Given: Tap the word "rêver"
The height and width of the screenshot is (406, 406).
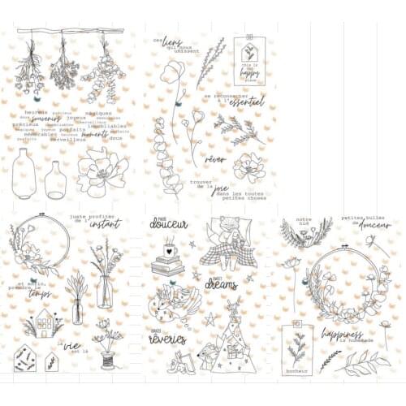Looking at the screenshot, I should (215, 159).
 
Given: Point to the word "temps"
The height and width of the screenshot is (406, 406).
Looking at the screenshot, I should (41, 293).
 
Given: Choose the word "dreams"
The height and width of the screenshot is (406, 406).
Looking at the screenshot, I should (221, 286).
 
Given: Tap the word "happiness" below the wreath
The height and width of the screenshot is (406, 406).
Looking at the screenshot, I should (341, 333).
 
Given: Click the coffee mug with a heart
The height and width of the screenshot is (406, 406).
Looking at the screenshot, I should (171, 248).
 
